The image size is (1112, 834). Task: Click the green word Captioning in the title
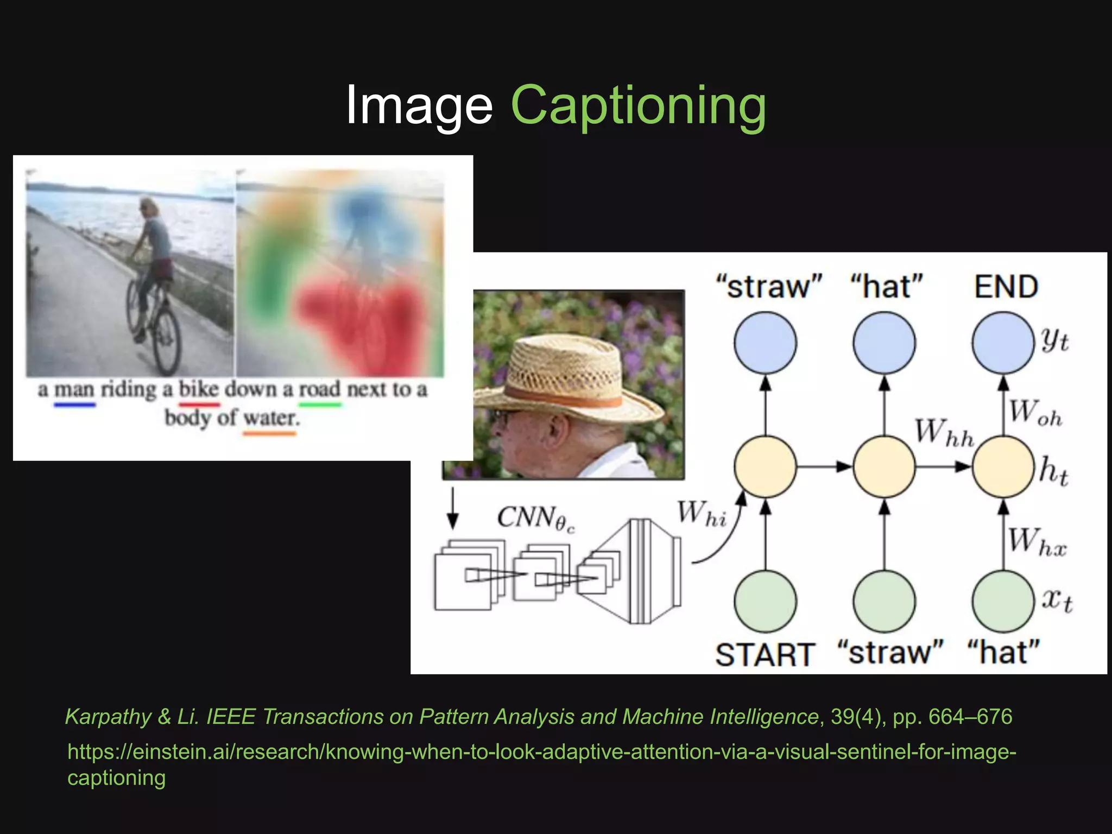coord(639,106)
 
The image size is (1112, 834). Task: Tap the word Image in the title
coord(419,106)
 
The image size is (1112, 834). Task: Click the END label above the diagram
coord(1006,287)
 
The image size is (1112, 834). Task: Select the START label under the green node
coord(764,654)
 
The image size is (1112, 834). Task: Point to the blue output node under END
coord(1003,343)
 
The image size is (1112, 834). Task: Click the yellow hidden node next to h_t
coord(1003,466)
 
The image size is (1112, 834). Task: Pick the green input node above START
coord(765,602)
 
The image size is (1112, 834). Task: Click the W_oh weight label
coord(1035,413)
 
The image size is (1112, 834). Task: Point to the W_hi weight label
coord(702,514)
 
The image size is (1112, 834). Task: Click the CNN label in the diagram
coord(535,518)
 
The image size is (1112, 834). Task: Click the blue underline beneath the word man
coord(74,405)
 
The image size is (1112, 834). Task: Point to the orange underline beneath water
coord(270,433)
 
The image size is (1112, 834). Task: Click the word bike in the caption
coord(199,389)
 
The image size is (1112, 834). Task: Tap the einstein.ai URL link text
coord(541,753)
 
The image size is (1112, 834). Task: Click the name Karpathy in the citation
coord(108,717)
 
